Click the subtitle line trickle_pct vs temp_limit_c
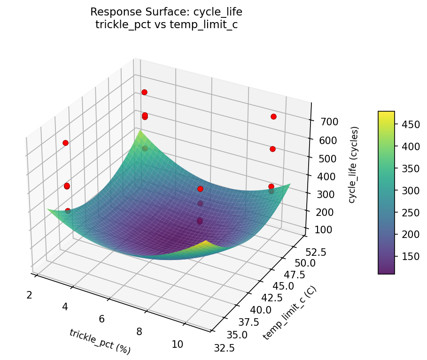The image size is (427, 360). tap(166, 25)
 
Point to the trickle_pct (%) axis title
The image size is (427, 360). tap(100, 341)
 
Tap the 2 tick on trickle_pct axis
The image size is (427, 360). tap(29, 295)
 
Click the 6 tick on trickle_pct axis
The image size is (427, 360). tap(101, 319)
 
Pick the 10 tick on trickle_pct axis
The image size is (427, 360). tap(177, 344)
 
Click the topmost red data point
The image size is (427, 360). tap(144, 92)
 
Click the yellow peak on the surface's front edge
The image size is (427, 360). tap(206, 244)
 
